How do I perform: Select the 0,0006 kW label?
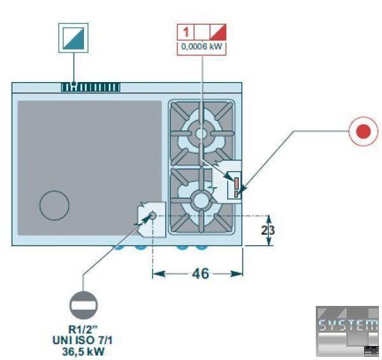click(202, 46)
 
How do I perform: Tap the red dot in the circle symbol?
click(364, 132)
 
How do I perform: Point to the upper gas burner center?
click(201, 133)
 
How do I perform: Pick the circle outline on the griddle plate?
click(54, 205)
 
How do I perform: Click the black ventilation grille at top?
click(90, 87)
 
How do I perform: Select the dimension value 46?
click(201, 274)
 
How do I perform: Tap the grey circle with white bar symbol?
click(84, 305)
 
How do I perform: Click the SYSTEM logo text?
click(347, 326)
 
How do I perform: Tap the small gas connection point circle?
click(153, 216)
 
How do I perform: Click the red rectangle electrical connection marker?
click(236, 183)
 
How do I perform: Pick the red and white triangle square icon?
click(218, 32)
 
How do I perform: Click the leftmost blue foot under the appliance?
click(119, 247)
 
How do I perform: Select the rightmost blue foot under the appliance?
click(202, 247)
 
